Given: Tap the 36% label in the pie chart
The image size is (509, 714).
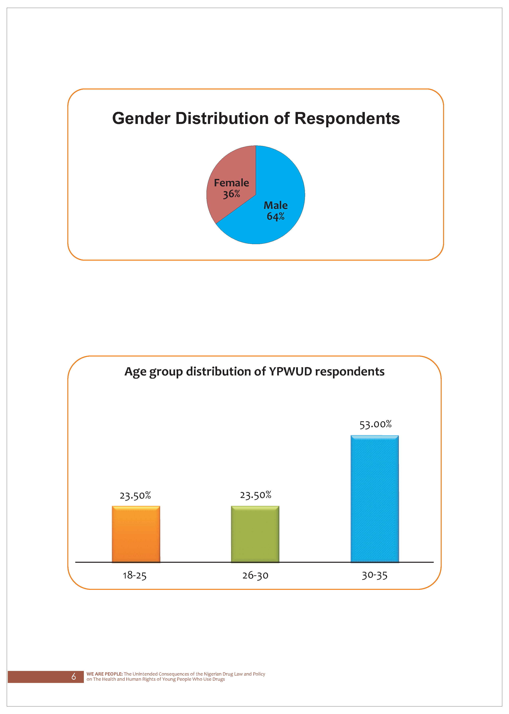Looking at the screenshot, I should [232, 194].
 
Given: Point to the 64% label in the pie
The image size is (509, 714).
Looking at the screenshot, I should [275, 216].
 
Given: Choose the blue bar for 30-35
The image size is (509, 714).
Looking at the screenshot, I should [375, 499].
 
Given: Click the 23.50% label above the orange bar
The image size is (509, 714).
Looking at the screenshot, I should [135, 496].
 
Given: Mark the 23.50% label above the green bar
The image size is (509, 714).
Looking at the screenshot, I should [255, 495].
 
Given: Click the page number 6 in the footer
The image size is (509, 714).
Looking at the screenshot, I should [74, 676].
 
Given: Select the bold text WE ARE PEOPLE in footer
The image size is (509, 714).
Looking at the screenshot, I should [104, 674].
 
